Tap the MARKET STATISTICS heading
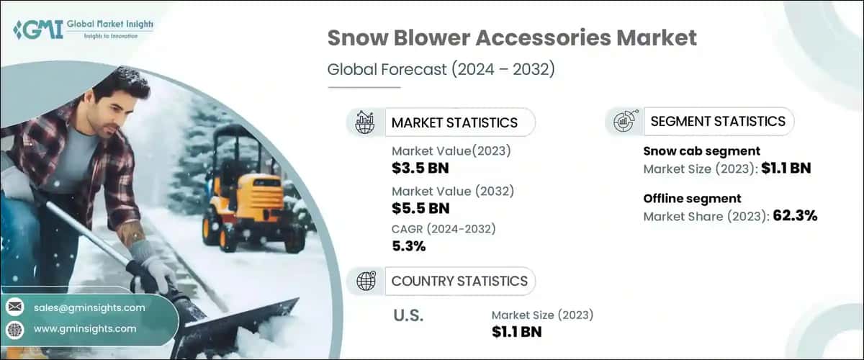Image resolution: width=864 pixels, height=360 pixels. (x=454, y=122)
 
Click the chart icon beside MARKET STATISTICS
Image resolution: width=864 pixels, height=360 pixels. (x=366, y=122)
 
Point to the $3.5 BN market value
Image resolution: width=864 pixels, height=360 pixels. (x=420, y=169)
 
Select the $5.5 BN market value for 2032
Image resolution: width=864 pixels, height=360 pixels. (x=420, y=209)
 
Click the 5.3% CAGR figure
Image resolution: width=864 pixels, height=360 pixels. (x=409, y=246)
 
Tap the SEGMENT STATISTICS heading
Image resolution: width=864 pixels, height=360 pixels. (x=717, y=122)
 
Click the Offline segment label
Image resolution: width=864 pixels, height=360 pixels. (x=692, y=198)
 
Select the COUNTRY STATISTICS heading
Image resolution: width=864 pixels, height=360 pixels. (x=459, y=281)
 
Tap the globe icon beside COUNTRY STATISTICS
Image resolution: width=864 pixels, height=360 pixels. (x=366, y=281)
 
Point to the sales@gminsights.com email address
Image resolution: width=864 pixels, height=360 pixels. (x=89, y=307)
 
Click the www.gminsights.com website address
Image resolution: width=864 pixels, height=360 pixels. (x=84, y=329)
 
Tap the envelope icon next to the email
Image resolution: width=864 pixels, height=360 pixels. (x=14, y=307)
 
